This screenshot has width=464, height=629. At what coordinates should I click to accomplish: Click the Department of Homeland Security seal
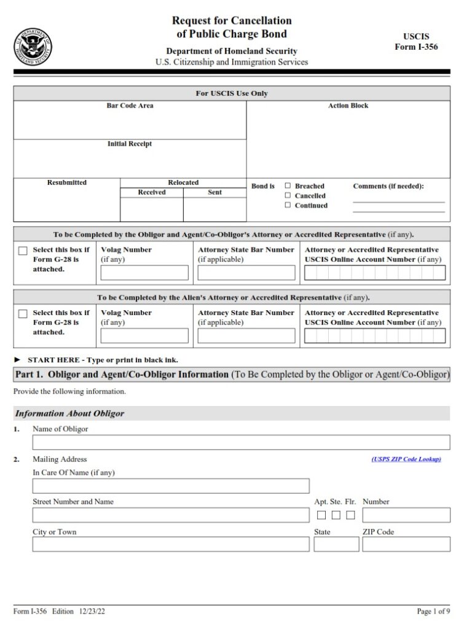click(32, 47)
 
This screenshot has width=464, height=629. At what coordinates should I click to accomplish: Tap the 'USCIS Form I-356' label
click(416, 42)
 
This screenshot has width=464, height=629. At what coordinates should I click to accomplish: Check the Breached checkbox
click(288, 186)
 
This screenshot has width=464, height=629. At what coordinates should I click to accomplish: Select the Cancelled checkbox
click(288, 195)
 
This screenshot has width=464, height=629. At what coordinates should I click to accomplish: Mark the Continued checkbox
click(288, 205)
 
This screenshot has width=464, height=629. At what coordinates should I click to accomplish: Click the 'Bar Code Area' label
click(130, 106)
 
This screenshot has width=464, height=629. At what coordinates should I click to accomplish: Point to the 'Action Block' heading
click(348, 106)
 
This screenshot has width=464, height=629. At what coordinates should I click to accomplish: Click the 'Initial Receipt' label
click(130, 144)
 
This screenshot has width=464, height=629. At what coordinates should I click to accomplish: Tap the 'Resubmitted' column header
click(67, 182)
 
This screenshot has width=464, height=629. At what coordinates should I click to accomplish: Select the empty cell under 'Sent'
click(214, 209)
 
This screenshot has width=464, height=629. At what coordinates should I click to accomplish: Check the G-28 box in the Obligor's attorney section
click(23, 251)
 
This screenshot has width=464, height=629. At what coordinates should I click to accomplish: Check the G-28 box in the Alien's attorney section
click(23, 314)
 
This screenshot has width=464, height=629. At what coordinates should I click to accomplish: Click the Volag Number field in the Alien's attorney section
click(144, 335)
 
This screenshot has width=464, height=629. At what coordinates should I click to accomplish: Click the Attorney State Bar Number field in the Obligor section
click(246, 273)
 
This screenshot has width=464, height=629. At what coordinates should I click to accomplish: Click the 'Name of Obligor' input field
click(241, 442)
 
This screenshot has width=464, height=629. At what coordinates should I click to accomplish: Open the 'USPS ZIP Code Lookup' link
click(406, 459)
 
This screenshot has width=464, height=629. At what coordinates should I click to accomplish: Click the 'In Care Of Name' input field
click(171, 486)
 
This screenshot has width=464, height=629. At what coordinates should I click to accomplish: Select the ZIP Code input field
click(406, 544)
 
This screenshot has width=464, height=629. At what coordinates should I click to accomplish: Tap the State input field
click(336, 544)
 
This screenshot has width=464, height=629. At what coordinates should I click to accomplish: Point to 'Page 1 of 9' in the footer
click(433, 612)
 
